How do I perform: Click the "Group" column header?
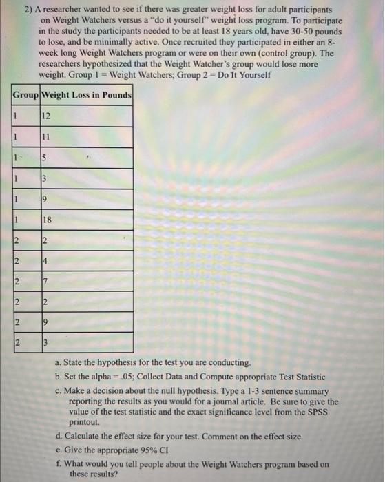tap(25, 94)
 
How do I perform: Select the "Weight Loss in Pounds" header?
tap(87, 94)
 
